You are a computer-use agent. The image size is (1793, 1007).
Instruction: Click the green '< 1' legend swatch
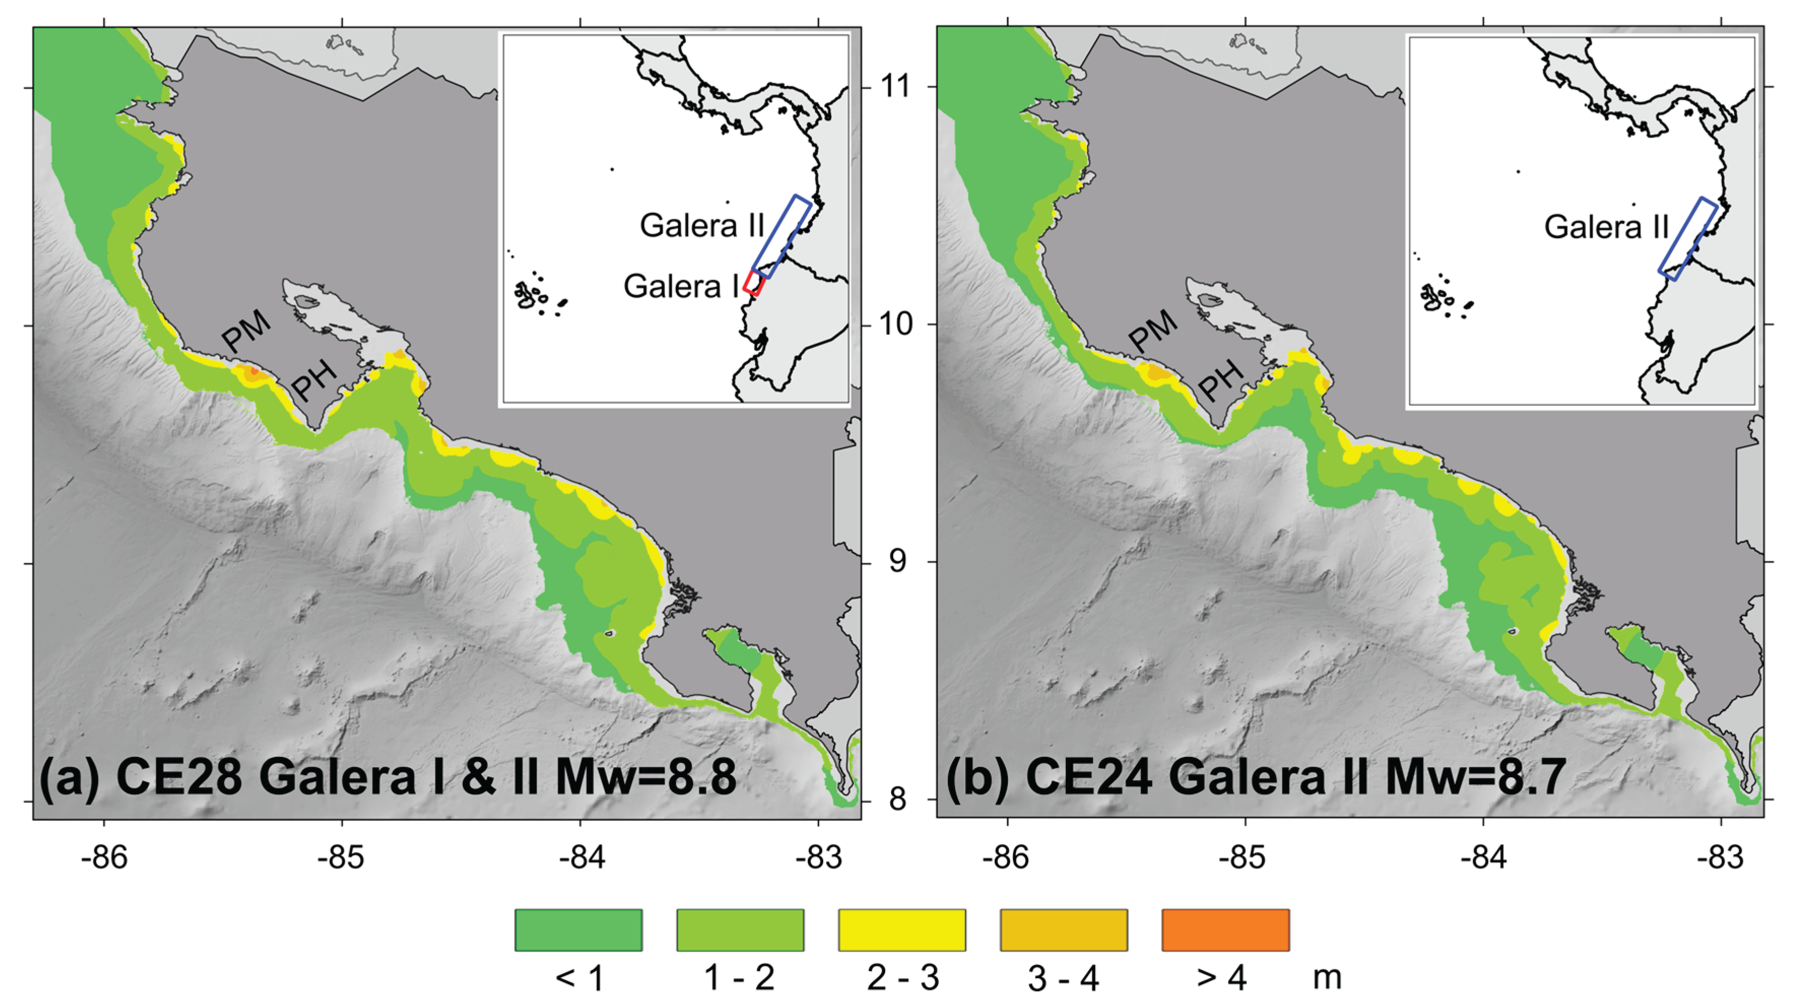point(579,930)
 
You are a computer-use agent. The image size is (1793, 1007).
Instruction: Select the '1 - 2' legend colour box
point(740,930)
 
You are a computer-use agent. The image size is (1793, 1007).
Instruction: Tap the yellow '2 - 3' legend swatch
point(901,930)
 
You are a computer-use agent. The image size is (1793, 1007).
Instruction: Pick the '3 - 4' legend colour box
point(1064,930)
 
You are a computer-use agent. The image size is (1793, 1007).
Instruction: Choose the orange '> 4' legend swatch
point(1225,930)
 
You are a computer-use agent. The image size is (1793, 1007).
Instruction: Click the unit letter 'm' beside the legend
point(1327,977)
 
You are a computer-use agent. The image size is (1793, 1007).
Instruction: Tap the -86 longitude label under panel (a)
point(105,857)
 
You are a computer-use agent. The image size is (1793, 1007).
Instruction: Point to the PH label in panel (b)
point(1222,380)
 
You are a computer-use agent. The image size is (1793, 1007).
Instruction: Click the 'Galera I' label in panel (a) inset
point(681,286)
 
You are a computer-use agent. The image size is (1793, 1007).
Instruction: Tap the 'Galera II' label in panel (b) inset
point(1606,227)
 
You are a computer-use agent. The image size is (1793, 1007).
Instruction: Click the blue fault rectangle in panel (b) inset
point(1688,239)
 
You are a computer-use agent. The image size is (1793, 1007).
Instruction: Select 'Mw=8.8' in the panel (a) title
point(646,777)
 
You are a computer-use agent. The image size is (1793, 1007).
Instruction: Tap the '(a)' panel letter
point(70,777)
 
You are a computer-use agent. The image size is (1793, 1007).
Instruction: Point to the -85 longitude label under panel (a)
point(341,857)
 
